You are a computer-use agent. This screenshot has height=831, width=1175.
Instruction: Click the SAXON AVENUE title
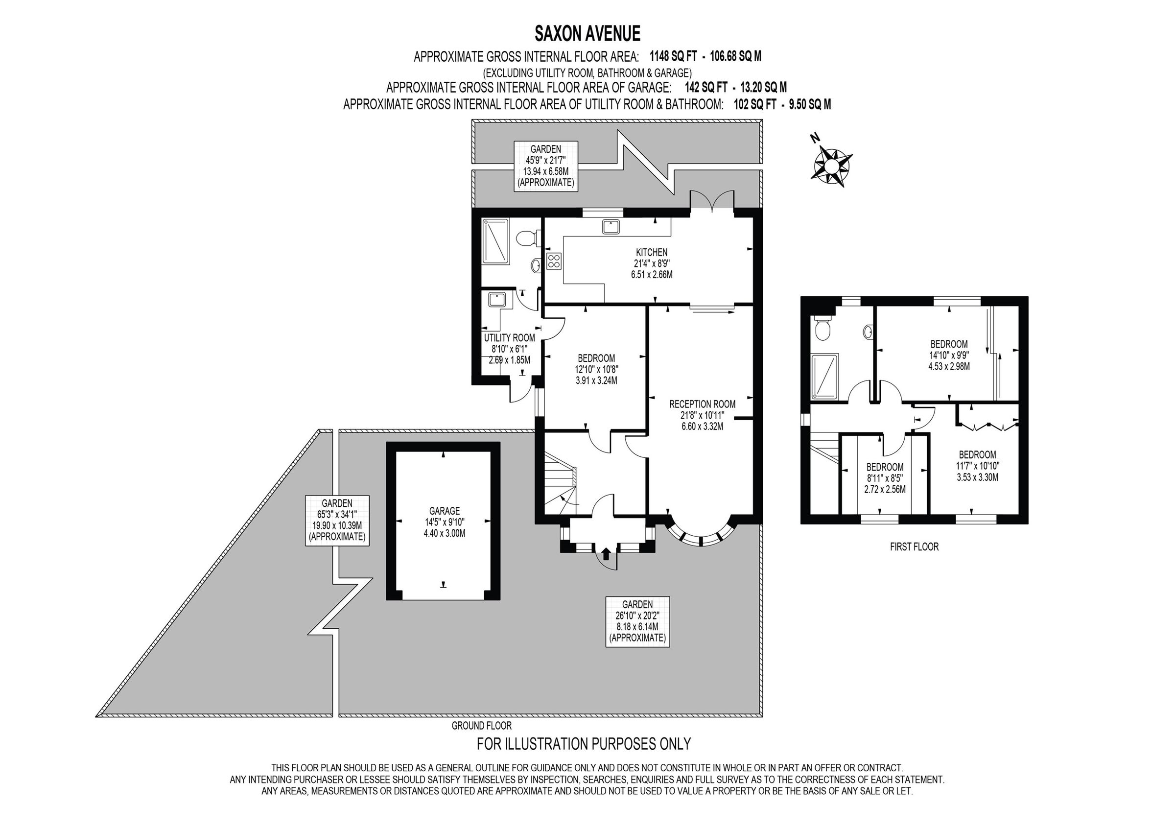coord(587,34)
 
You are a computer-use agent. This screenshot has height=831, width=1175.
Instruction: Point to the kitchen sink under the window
coord(611,226)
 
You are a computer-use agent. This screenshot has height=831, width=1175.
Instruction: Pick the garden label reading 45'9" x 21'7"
coord(545,166)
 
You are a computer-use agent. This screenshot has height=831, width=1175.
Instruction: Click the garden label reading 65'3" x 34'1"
coord(337,520)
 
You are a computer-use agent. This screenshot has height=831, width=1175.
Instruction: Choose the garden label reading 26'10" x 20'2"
coord(637,621)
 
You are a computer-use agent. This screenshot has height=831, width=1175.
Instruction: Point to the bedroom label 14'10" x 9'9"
coord(949,355)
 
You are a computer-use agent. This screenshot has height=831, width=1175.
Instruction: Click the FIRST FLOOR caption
coord(914,547)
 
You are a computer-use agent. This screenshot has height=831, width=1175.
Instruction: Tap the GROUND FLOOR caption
coord(481,726)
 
